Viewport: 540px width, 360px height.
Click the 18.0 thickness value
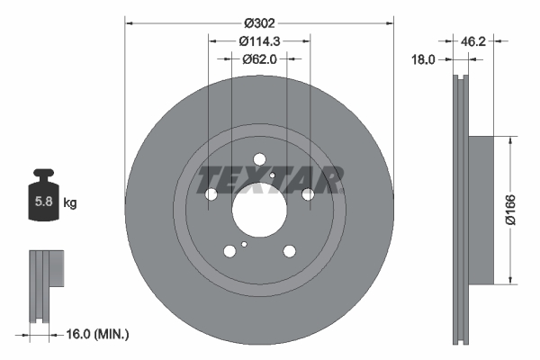click(423, 59)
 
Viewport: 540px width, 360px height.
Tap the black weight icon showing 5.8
click(42, 200)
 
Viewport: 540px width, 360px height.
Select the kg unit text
click(70, 203)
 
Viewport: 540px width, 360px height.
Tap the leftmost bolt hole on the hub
click(211, 194)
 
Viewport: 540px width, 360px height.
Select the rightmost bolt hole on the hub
click(307, 194)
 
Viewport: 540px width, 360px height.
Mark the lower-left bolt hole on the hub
click(229, 253)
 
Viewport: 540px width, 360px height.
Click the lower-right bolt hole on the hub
click(289, 253)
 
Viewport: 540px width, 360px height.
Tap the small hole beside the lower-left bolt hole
click(244, 243)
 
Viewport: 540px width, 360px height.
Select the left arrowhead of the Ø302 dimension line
click(128, 22)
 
